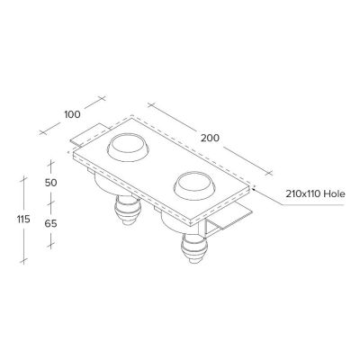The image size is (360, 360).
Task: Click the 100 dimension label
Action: (72, 115)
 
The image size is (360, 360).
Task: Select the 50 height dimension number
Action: (50, 183)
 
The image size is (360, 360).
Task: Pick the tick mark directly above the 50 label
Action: (51, 162)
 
